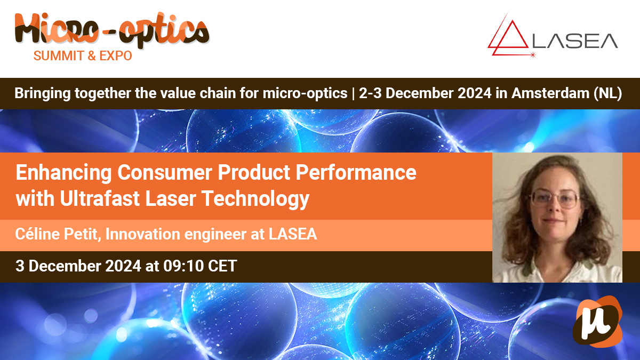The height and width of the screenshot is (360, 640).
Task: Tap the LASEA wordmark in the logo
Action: coord(575,41)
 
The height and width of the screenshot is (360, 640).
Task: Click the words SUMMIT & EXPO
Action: coord(83,55)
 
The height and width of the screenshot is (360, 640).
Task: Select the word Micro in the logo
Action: coord(57,29)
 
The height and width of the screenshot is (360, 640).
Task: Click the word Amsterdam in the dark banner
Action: coord(550,93)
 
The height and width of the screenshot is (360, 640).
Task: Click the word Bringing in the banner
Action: coord(43,94)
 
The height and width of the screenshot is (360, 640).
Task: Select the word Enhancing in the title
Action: coord(63,173)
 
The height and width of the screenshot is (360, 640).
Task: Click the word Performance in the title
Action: coord(356,172)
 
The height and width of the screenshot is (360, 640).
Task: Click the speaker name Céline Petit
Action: coord(57,234)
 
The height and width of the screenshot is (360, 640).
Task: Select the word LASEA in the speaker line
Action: coord(293,234)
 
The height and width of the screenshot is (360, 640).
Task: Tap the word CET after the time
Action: coord(222,266)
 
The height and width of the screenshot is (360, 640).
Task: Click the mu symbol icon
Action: coord(597,322)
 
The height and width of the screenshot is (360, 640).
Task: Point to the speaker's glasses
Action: coord(555,198)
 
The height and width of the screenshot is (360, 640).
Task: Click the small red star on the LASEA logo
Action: coord(533,55)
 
